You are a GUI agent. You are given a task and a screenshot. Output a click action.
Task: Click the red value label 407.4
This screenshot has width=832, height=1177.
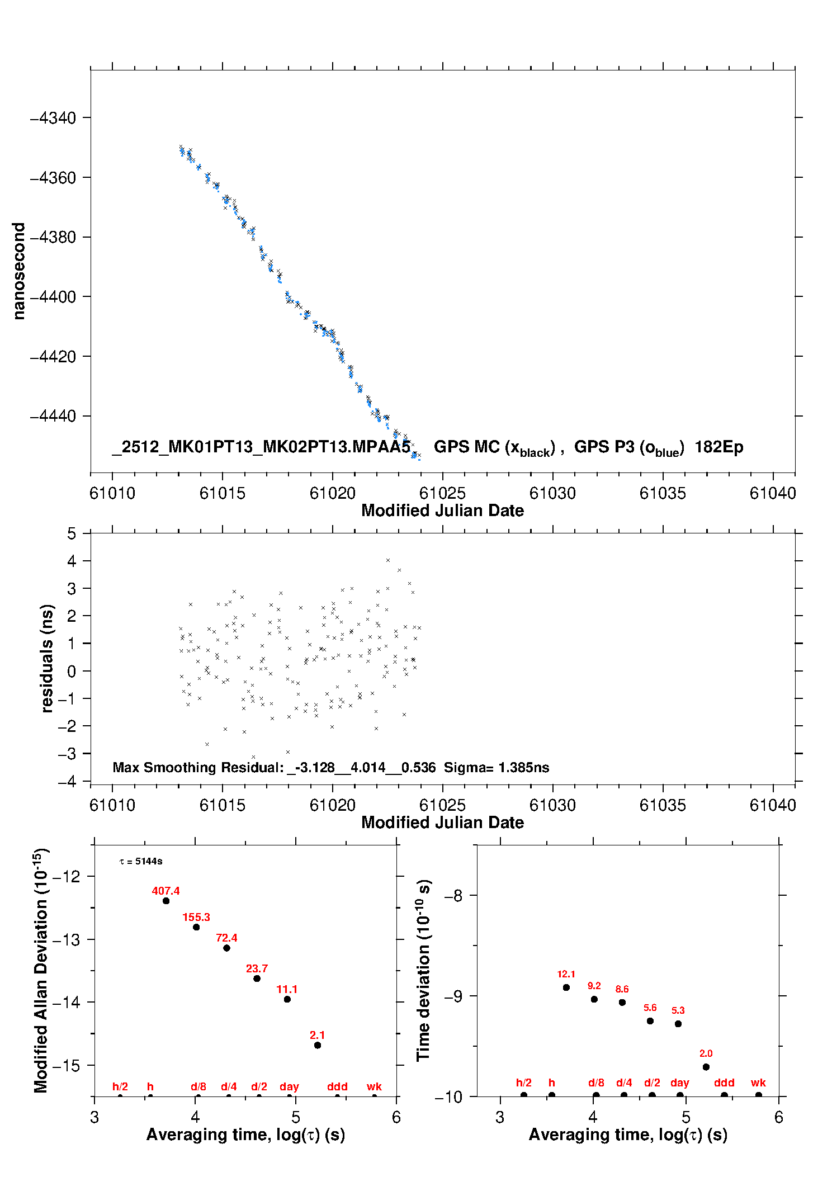166,891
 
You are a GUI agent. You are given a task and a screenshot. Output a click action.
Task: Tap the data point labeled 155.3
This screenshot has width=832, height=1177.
196,927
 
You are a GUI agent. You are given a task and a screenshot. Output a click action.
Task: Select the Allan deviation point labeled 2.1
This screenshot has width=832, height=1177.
318,1045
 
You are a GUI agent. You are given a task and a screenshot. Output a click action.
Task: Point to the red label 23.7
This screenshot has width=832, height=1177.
257,968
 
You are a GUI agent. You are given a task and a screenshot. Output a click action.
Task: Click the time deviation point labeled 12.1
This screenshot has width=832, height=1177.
566,987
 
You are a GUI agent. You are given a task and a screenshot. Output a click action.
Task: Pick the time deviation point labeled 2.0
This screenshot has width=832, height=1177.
706,1067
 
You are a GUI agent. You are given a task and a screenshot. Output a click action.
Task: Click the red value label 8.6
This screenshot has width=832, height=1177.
622,989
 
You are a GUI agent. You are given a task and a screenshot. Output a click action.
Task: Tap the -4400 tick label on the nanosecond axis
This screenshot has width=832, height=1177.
53,297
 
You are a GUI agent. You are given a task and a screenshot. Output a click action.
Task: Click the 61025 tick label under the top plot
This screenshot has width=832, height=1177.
442,493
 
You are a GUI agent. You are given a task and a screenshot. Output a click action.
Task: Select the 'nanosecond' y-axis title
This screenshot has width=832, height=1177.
19,271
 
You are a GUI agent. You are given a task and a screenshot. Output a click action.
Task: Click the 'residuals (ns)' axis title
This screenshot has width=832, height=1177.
47,658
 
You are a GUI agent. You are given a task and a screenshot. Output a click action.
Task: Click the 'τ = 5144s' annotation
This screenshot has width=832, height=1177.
141,861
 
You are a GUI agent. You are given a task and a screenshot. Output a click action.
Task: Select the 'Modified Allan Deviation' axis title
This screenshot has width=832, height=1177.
40,970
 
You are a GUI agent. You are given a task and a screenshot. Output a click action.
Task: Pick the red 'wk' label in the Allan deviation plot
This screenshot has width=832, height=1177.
374,1086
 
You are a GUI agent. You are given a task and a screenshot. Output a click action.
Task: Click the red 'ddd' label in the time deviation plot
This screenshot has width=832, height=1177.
724,1083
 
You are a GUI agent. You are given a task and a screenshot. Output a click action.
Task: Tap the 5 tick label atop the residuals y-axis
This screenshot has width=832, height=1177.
72,533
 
